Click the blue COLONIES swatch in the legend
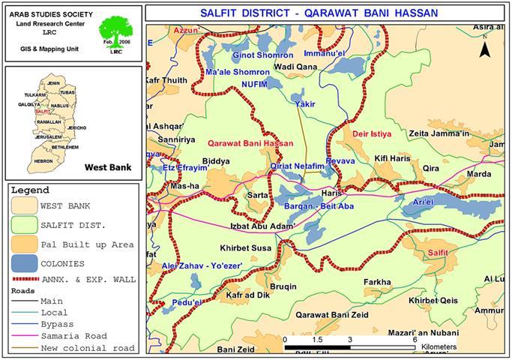22,262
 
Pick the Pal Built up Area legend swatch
22,243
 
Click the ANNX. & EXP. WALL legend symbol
22,280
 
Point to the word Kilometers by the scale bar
438,348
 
